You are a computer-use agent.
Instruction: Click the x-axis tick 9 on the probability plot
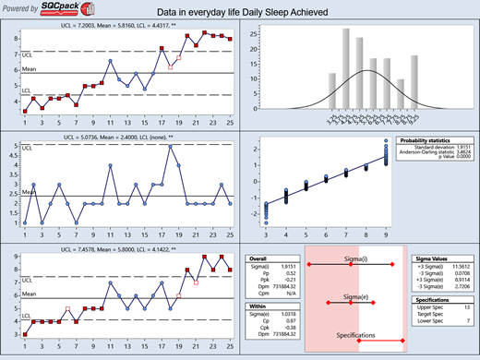(385, 234)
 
